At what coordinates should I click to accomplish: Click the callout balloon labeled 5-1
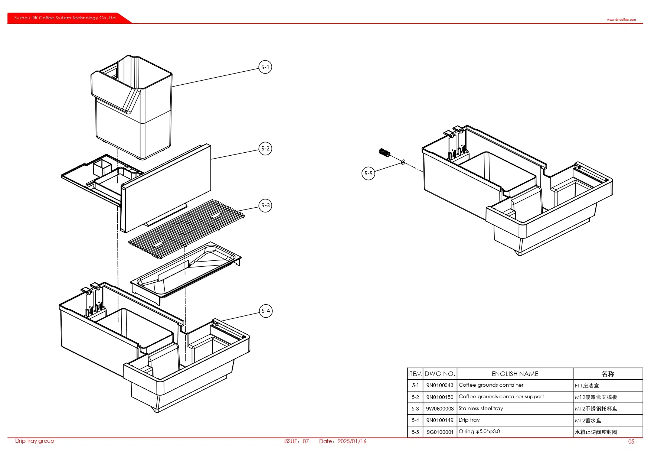[265, 67]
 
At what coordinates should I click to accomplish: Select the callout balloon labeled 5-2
[265, 149]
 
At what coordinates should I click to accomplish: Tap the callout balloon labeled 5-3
[265, 205]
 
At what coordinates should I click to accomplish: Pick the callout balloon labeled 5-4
[266, 311]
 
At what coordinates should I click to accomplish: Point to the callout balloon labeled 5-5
[368, 173]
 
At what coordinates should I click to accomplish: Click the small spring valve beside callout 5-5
[385, 152]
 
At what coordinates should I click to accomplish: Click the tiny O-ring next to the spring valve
[403, 162]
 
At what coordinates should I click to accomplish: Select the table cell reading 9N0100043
[440, 385]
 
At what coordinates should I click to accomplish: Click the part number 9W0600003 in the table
[440, 409]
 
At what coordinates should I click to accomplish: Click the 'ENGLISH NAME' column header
[515, 374]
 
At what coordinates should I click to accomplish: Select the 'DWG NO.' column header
[440, 374]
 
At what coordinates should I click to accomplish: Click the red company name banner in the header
[65, 18]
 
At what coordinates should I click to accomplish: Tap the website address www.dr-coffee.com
[621, 20]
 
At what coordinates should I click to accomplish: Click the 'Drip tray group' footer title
[35, 441]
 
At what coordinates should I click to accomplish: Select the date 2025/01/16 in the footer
[352, 441]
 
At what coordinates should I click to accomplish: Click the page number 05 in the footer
[631, 442]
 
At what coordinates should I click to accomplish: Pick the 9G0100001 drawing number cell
[440, 432]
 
